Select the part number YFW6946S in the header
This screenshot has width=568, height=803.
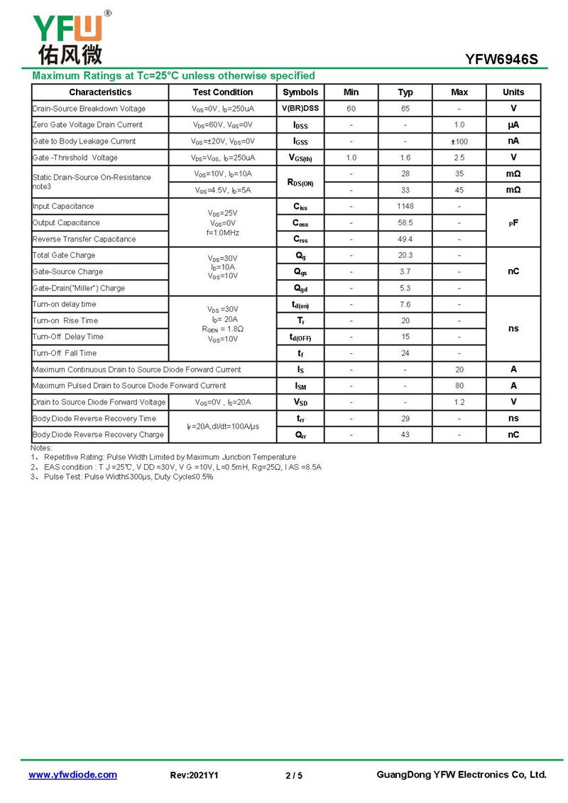[501, 60]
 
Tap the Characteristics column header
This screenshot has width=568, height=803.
[100, 92]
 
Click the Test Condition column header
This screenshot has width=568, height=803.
[222, 92]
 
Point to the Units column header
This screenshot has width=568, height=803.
[513, 92]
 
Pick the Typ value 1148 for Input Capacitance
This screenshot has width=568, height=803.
[405, 207]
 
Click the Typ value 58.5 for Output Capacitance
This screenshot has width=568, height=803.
[405, 223]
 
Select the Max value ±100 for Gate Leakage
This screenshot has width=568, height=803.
[459, 141]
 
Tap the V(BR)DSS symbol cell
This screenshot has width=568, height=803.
[300, 109]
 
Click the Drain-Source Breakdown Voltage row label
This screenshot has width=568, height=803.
[89, 109]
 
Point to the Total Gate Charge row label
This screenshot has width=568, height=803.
[64, 256]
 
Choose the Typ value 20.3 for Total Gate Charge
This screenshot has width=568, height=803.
[405, 256]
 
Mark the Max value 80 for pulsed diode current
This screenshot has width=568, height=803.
[459, 386]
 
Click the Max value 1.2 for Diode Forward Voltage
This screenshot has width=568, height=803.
[459, 402]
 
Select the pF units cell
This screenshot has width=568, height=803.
[513, 223]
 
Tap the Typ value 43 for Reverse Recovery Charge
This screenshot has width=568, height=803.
[405, 435]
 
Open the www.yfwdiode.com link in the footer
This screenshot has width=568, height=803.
[72, 775]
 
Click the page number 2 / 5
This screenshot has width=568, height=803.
[294, 775]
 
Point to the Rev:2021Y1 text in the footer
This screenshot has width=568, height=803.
[195, 775]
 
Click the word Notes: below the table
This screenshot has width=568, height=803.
[41, 448]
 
